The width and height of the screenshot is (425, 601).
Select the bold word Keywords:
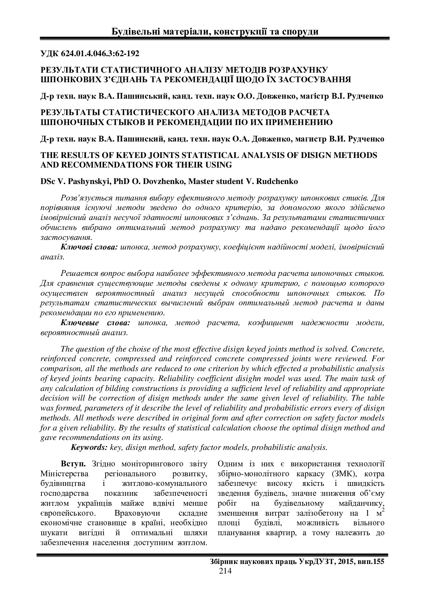pyautogui.click(x=89, y=447)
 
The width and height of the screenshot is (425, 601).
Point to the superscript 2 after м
pyautogui.click(x=382, y=510)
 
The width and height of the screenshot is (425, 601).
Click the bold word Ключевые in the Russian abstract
pyautogui.click(x=80, y=323)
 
